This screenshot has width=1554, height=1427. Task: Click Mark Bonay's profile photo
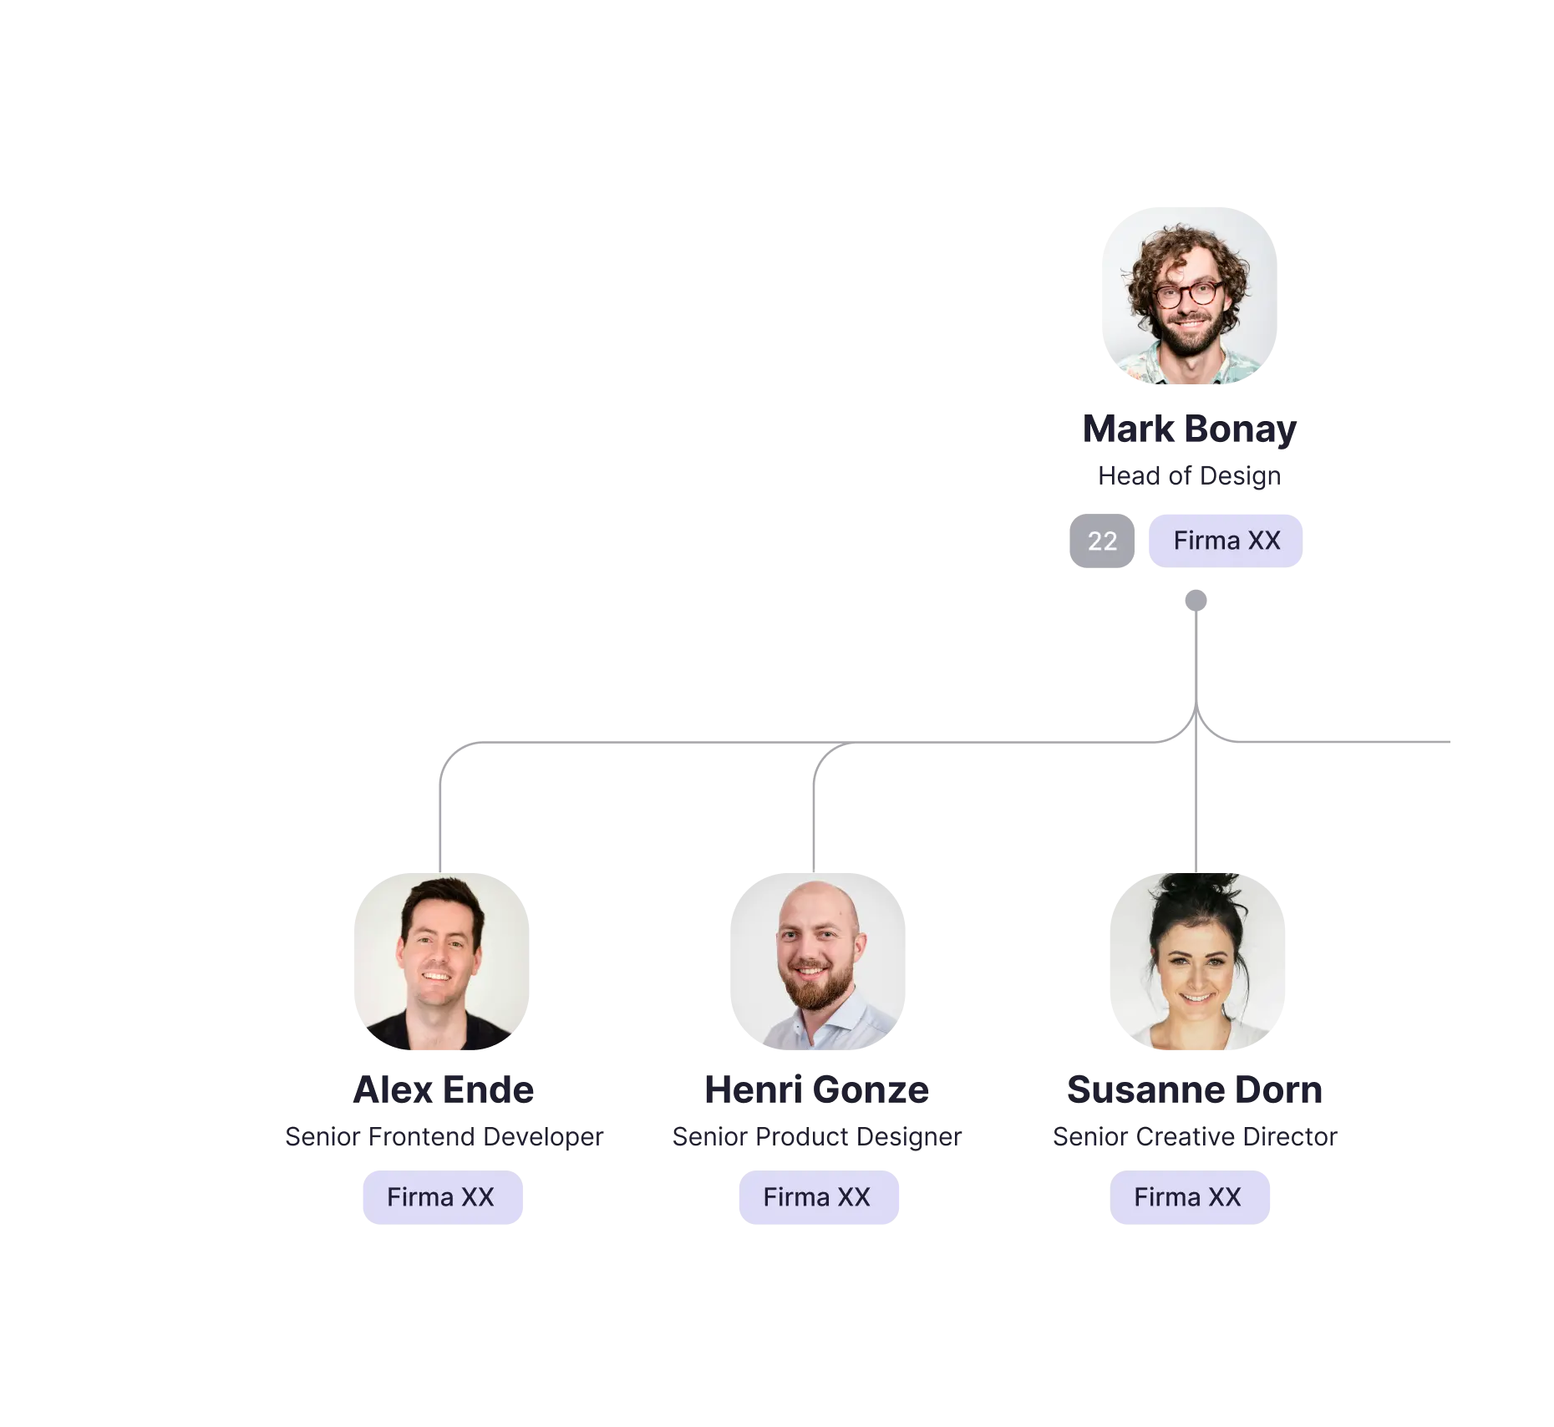1190,296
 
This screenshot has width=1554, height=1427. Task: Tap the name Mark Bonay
1190,429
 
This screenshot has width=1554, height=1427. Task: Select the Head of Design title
1190,475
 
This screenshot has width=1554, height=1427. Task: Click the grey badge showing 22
1102,541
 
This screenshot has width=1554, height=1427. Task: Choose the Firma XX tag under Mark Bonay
1226,541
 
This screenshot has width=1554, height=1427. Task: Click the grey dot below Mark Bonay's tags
1196,601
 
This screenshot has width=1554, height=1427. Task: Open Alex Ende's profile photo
442,961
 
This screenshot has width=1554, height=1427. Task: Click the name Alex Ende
443,1089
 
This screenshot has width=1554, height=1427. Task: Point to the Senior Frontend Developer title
444,1136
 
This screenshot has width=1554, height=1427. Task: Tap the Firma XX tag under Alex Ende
442,1197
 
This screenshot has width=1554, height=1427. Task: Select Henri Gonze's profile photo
817,961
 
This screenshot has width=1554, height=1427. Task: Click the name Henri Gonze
816,1089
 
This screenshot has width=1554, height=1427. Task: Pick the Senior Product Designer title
817,1136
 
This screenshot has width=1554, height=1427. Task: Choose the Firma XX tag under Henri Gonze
818,1197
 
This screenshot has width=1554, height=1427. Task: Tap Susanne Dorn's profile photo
1197,961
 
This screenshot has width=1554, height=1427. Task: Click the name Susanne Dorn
1195,1089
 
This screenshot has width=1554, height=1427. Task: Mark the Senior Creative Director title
1195,1136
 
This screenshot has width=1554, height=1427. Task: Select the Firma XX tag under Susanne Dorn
1189,1197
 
